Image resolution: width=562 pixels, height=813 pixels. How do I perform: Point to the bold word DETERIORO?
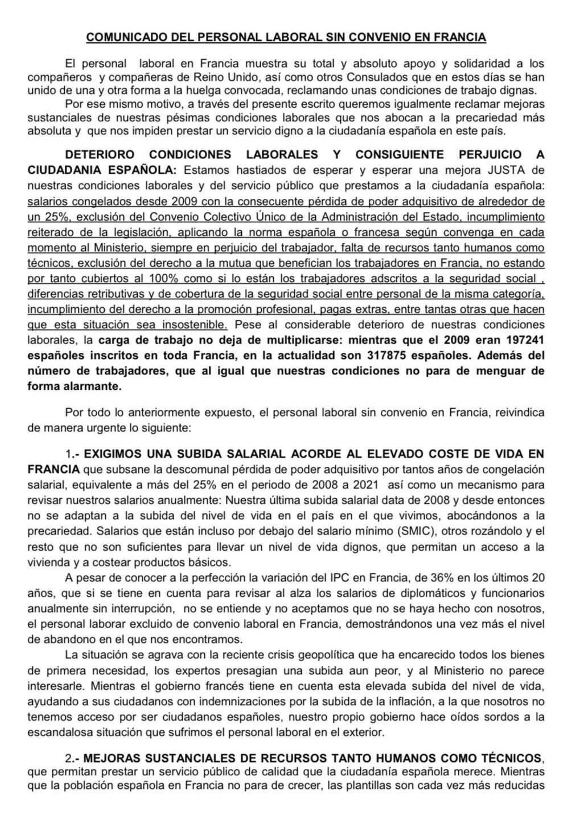coord(100,155)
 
